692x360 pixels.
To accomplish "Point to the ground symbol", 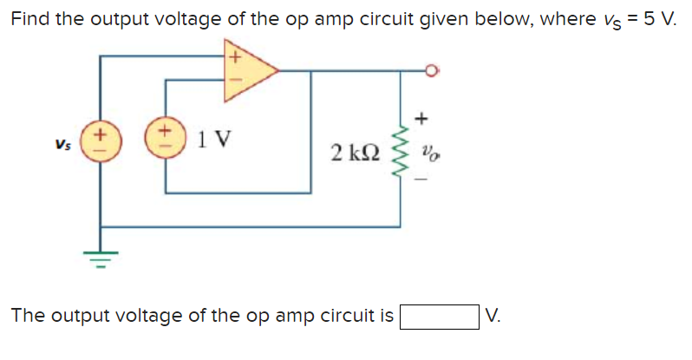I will tap(101, 256).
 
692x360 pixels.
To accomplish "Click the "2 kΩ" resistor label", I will tap(354, 153).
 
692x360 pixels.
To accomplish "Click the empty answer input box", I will tap(439, 316).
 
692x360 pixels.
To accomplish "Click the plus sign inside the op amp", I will tap(233, 55).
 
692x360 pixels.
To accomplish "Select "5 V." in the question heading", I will tap(657, 19).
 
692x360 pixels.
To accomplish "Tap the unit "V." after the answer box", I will tap(493, 316).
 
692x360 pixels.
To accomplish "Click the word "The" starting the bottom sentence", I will tap(27, 316).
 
